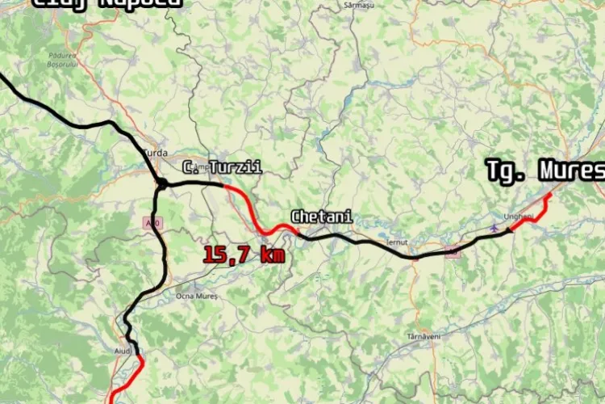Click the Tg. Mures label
[x=544, y=170]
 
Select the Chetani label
[x=321, y=217]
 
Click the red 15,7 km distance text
[x=243, y=255]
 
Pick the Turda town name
[x=154, y=151]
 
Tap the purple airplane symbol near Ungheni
[x=494, y=228]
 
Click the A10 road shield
[x=148, y=221]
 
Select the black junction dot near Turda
[x=162, y=184]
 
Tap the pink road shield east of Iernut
[x=453, y=253]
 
